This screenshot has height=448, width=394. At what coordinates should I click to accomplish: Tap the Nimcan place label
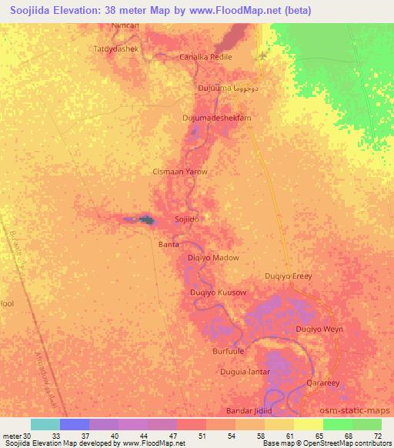click(x=125, y=25)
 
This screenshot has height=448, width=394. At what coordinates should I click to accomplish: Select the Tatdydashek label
click(x=115, y=48)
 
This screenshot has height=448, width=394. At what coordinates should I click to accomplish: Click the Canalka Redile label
click(x=205, y=57)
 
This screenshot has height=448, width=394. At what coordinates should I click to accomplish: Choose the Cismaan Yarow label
click(x=180, y=172)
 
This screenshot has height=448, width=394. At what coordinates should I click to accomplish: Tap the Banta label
click(x=168, y=244)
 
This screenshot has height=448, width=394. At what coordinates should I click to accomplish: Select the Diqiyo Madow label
click(x=213, y=258)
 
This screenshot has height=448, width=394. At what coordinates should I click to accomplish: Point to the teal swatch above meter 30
click(x=45, y=424)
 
